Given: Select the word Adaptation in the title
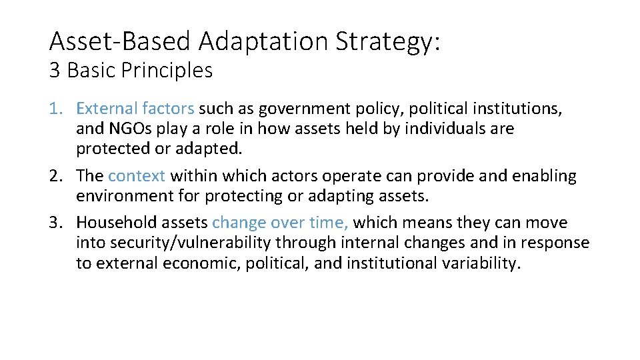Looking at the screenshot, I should click(x=265, y=42).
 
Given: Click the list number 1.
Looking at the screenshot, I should click(x=57, y=108).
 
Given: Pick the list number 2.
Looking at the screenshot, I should click(x=57, y=176).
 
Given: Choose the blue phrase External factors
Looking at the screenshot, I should click(x=135, y=108).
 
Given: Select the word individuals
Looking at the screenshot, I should click(x=450, y=128).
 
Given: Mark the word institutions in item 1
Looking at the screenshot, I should click(x=515, y=108).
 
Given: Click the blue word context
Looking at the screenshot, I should click(x=137, y=176).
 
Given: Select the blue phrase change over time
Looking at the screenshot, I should click(x=280, y=222).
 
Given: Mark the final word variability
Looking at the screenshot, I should click(x=480, y=263).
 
